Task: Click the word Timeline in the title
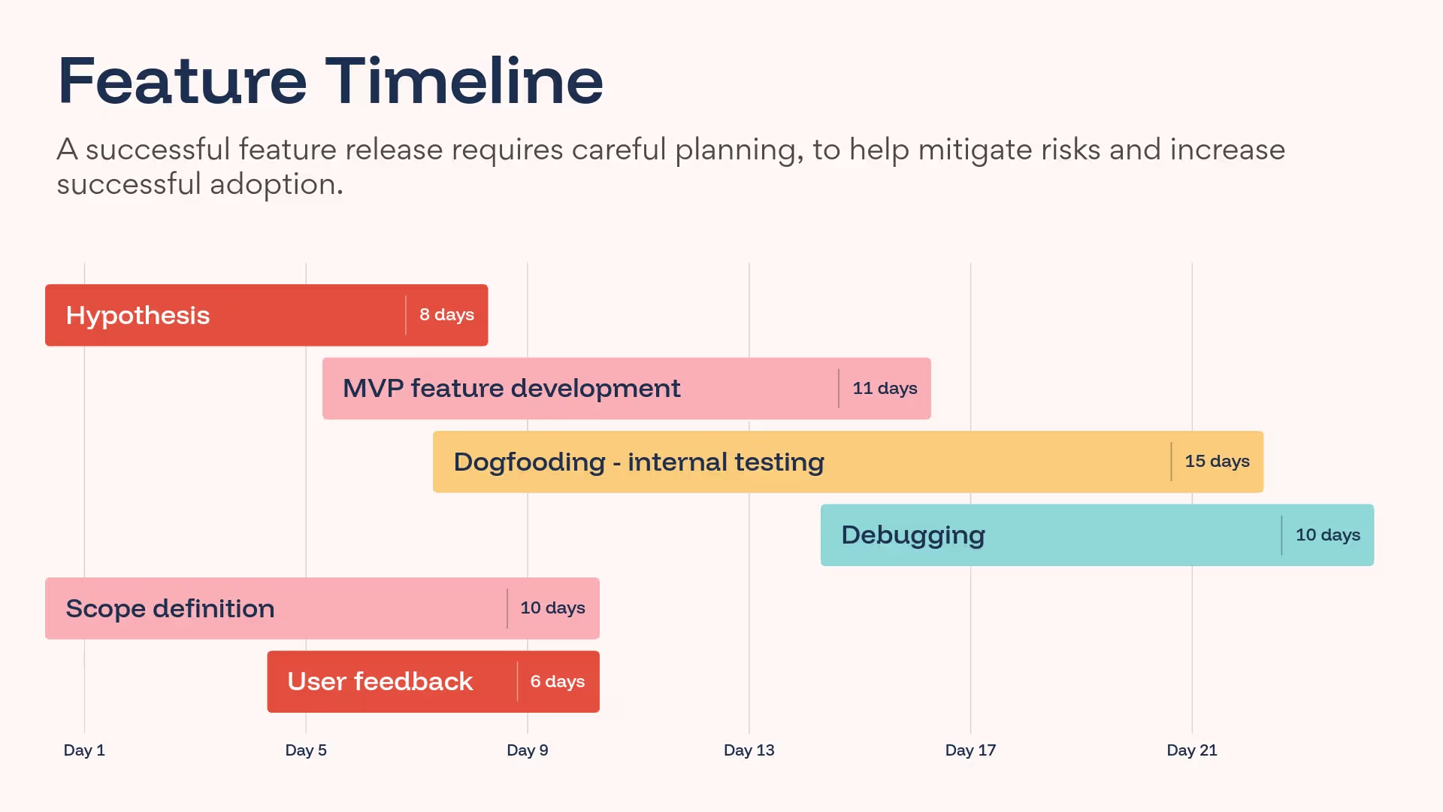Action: coord(464,80)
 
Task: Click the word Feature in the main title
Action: coord(183,80)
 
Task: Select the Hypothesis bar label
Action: coord(138,316)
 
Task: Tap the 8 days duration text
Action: coord(446,314)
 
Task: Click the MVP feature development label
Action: coord(511,388)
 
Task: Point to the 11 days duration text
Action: coord(885,388)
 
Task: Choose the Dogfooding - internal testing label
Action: coord(639,462)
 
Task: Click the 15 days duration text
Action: coord(1217,461)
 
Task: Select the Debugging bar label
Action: coord(913,535)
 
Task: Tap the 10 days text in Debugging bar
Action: coord(1328,535)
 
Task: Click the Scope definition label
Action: coord(170,608)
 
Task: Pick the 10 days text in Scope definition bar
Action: coord(552,607)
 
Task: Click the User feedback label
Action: coord(380,681)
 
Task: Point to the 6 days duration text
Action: coord(557,681)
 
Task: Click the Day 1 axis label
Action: coord(84,750)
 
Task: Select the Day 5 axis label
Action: coord(306,750)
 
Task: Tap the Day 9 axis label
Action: coord(528,750)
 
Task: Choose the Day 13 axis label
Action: coord(749,750)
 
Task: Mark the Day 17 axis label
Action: coord(970,750)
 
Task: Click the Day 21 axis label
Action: coord(1192,750)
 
